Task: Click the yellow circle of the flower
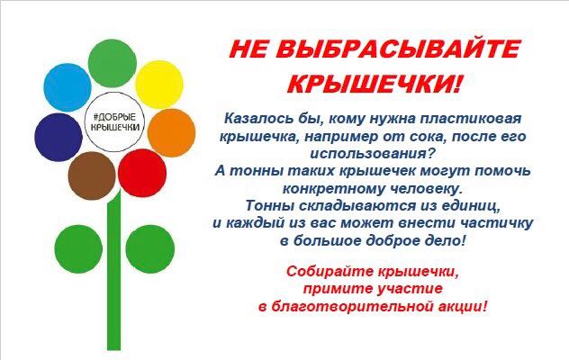point(159,85)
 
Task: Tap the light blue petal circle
point(68,87)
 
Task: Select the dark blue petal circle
point(59,137)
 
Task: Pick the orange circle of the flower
point(171,133)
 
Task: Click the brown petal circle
point(92,175)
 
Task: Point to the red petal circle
point(142,173)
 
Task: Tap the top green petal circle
point(113,63)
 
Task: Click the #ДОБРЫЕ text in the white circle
point(114,117)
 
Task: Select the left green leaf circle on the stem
point(78,249)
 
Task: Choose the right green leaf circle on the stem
point(150,249)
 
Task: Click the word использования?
point(373,154)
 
